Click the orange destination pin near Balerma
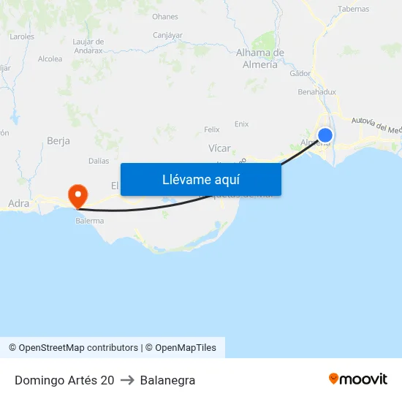(x=77, y=194)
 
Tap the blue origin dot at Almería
(x=325, y=135)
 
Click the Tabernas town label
(x=354, y=9)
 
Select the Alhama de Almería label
(x=259, y=58)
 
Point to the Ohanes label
(x=165, y=16)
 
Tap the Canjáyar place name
(x=167, y=35)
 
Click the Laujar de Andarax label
(x=88, y=46)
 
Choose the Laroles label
(x=22, y=36)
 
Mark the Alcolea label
(x=50, y=59)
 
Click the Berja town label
(x=58, y=140)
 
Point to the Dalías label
(x=99, y=161)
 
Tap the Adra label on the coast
(x=18, y=203)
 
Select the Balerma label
(x=89, y=220)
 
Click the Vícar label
(x=219, y=148)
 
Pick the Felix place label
(x=212, y=129)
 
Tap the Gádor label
(x=300, y=73)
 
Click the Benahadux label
(x=317, y=92)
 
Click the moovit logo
(x=357, y=379)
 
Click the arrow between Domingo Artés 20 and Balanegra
(x=127, y=380)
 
